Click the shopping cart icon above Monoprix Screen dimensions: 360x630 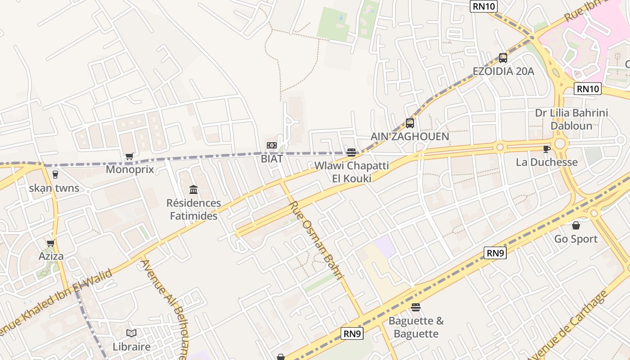pyautogui.click(x=130, y=157)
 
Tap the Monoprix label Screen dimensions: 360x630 pyautogui.click(x=130, y=170)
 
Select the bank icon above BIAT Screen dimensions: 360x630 pyautogui.click(x=271, y=145)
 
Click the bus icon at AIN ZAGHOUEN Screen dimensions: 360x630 pyautogui.click(x=409, y=123)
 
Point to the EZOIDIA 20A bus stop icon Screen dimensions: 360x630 pyautogui.click(x=503, y=58)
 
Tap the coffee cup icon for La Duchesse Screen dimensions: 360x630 pyautogui.click(x=546, y=149)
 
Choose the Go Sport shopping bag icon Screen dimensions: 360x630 pyautogui.click(x=576, y=225)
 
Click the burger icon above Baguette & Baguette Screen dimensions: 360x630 pyautogui.click(x=416, y=307)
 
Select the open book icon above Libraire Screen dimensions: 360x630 pyautogui.click(x=131, y=333)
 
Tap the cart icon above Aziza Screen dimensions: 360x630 pyautogui.click(x=51, y=243)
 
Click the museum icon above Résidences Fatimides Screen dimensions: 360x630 pyautogui.click(x=193, y=189)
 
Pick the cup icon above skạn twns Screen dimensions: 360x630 pyautogui.click(x=55, y=175)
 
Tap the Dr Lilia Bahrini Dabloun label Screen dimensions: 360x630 pyautogui.click(x=571, y=119)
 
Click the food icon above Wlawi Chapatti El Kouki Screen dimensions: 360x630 pyautogui.click(x=351, y=153)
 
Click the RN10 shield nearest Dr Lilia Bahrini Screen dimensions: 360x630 pyautogui.click(x=588, y=89)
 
